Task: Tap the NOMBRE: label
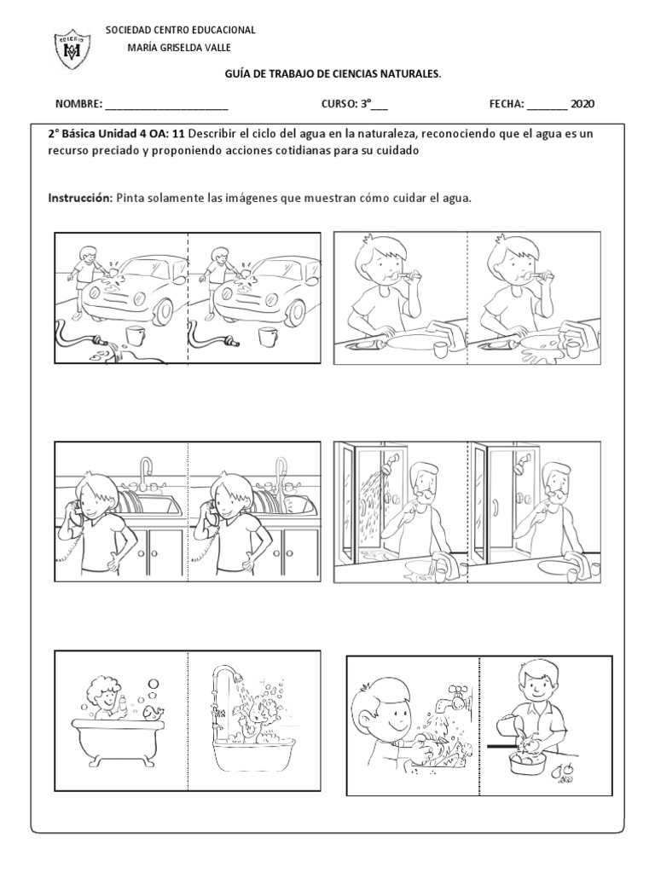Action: click(78, 104)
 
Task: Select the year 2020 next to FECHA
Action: click(583, 104)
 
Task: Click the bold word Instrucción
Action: click(80, 198)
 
